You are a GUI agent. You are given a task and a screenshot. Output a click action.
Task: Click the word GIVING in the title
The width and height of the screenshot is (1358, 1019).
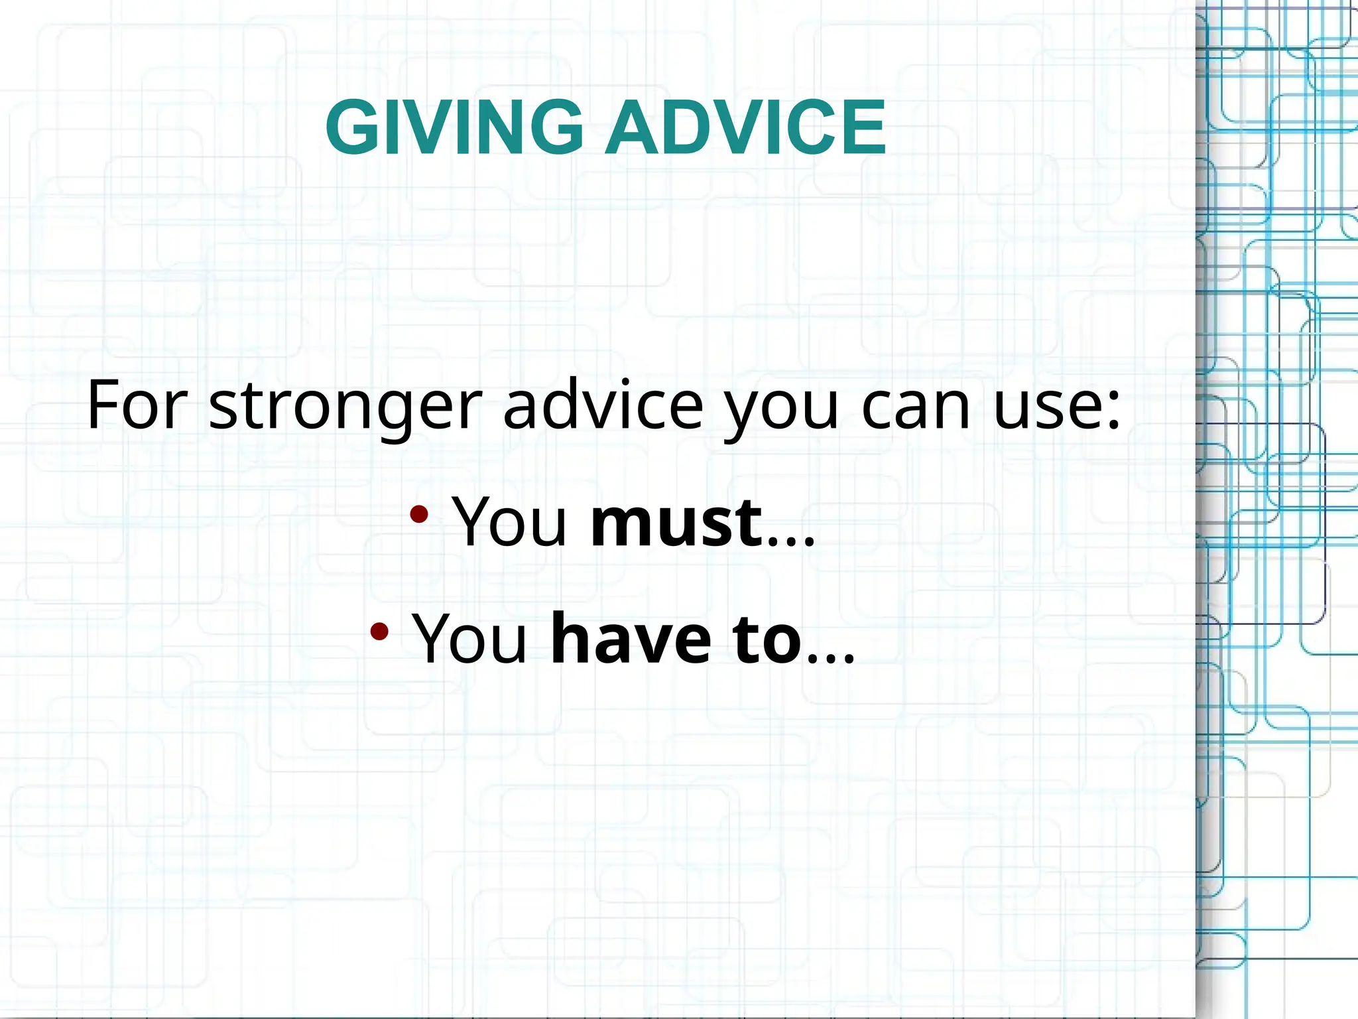tap(454, 127)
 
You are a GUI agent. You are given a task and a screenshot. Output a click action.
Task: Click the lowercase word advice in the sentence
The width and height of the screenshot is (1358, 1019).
tap(603, 405)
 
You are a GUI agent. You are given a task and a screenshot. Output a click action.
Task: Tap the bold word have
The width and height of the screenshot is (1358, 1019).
tap(631, 638)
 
